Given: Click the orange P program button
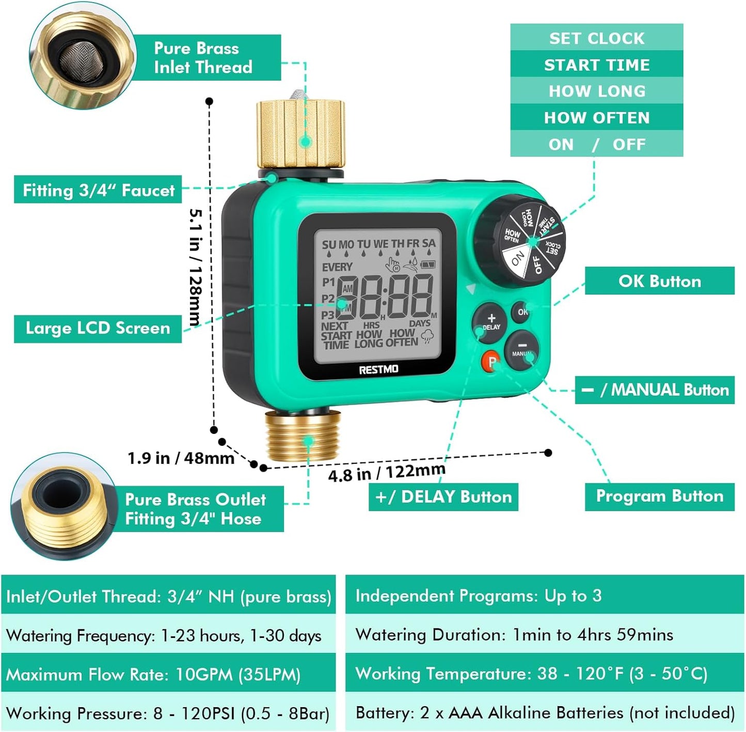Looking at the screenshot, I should tap(491, 362).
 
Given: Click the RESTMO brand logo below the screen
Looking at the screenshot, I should tap(378, 369).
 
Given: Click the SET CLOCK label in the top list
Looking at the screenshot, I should tap(596, 38).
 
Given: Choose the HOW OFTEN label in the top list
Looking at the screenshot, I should tap(596, 118).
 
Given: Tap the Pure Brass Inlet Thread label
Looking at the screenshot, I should tap(203, 57).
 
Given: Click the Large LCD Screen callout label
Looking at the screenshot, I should tap(98, 328).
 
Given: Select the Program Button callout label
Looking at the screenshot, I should tap(659, 496).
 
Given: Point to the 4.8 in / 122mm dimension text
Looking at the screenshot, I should tap(387, 472).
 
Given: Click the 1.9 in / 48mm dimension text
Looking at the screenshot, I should tap(181, 458).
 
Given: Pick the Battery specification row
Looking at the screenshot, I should tap(545, 713).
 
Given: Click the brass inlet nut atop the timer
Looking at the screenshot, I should tap(300, 133).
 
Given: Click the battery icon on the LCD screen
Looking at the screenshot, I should tap(428, 264).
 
